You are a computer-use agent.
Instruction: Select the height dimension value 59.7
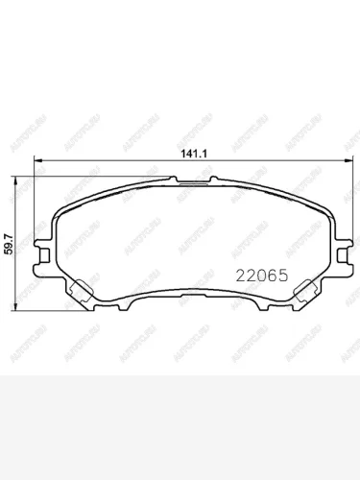(x=8, y=238)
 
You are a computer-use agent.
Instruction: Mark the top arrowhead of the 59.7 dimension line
(x=13, y=179)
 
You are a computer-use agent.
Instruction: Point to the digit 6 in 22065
(x=267, y=273)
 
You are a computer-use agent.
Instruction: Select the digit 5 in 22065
(x=278, y=273)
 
